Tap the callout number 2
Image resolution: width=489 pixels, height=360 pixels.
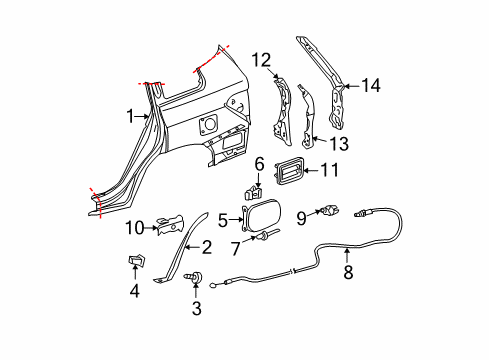click(207, 246)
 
